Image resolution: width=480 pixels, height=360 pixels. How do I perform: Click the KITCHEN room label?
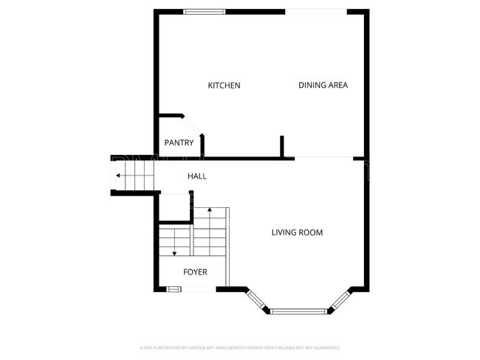[x=224, y=86]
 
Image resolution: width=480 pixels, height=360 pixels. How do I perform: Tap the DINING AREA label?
[x=323, y=86]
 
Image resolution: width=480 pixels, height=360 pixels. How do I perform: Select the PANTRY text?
[x=179, y=142]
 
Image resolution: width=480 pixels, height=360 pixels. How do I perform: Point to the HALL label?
[x=197, y=176]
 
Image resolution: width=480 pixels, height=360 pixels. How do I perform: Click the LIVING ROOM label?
[x=297, y=233]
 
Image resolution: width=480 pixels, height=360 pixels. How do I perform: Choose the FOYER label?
[x=195, y=272]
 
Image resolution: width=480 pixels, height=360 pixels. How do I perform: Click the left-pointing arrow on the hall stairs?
[x=118, y=176]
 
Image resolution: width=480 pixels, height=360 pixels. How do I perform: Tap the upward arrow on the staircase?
[x=210, y=212]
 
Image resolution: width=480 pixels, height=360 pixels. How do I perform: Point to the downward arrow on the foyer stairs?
[x=174, y=252]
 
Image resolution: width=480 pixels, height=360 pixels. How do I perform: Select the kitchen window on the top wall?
[x=205, y=11]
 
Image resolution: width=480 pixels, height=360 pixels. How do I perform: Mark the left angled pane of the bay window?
[x=256, y=300]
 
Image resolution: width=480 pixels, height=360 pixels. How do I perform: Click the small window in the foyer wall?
[x=174, y=288]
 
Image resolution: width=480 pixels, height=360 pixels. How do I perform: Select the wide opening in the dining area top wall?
[x=315, y=11]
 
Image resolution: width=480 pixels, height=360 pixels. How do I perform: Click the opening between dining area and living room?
[x=323, y=158]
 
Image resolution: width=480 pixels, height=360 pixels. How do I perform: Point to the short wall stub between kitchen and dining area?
[x=282, y=146]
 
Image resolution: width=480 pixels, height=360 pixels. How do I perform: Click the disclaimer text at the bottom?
[x=239, y=347]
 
